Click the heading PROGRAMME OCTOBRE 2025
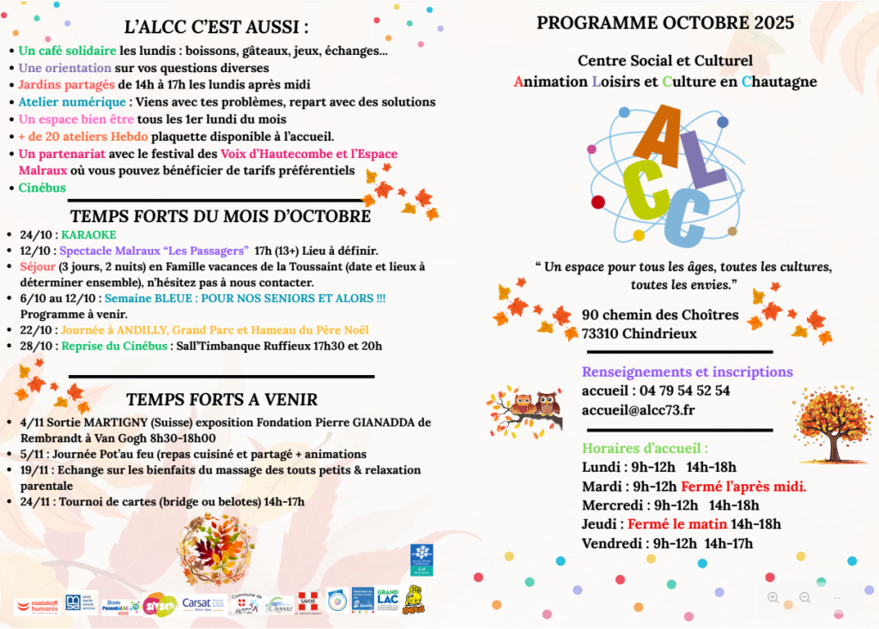(665, 23)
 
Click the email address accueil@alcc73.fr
(638, 409)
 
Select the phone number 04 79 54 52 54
(680, 390)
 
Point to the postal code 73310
(600, 333)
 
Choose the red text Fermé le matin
(677, 523)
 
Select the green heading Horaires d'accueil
(646, 448)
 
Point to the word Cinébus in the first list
(42, 187)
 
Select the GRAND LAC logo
(388, 600)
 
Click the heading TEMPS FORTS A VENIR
(221, 399)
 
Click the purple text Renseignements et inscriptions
(687, 372)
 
